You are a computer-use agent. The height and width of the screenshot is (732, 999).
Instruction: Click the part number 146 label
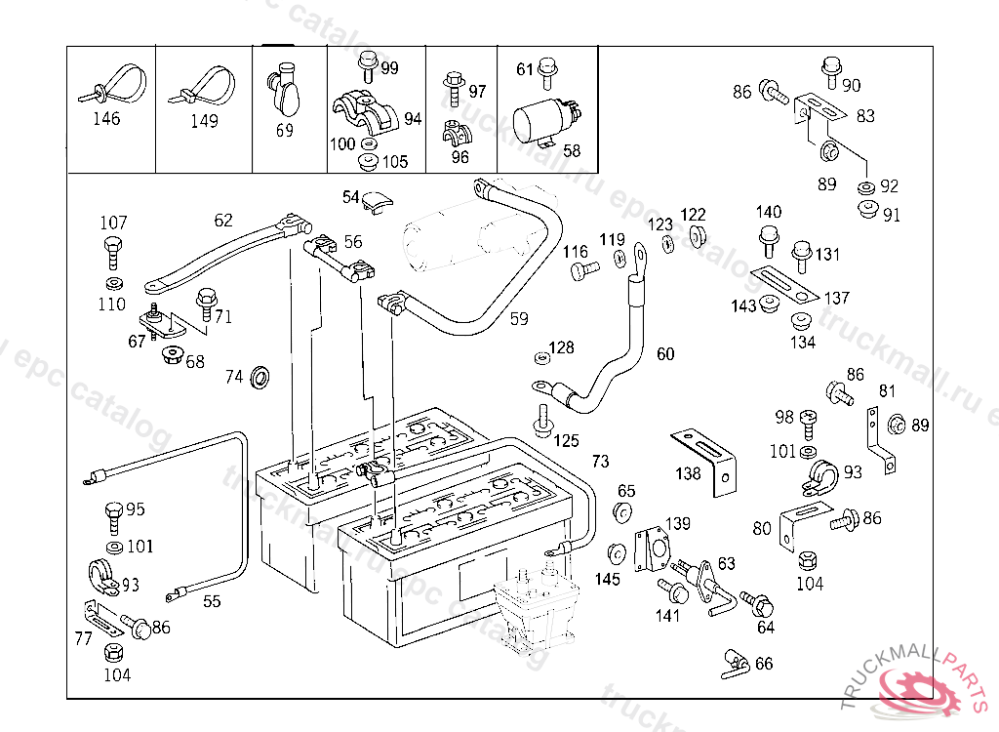pyautogui.click(x=106, y=119)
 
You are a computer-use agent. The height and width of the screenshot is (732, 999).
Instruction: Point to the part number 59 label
pyautogui.click(x=519, y=318)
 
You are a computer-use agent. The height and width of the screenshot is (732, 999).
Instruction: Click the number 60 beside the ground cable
pyautogui.click(x=665, y=354)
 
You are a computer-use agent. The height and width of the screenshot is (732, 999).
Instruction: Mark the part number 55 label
pyautogui.click(x=212, y=601)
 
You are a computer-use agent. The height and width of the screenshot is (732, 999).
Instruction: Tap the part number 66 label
pyautogui.click(x=764, y=664)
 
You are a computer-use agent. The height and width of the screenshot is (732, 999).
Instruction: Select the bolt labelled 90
pyautogui.click(x=830, y=67)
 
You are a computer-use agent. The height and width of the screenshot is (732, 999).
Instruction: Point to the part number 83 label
pyautogui.click(x=865, y=115)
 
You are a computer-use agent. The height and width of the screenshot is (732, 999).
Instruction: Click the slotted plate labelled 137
pyautogui.click(x=786, y=284)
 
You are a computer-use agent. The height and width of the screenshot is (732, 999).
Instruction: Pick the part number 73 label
pyautogui.click(x=600, y=461)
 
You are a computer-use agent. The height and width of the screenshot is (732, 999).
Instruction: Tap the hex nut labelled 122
pyautogui.click(x=698, y=236)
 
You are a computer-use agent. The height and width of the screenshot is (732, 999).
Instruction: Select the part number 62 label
pyautogui.click(x=223, y=221)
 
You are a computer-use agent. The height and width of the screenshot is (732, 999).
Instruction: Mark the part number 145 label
pyautogui.click(x=607, y=580)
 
